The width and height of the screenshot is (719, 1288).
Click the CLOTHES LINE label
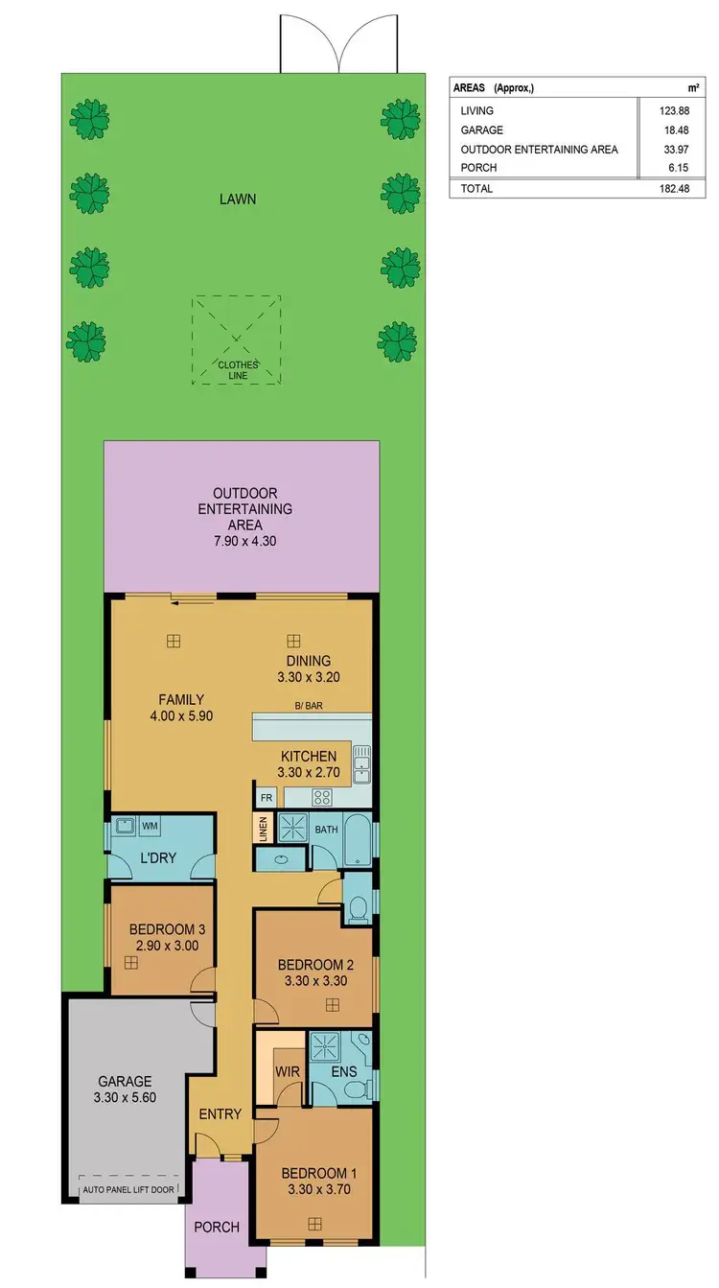(x=237, y=369)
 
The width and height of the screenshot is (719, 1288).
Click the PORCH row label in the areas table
(x=478, y=168)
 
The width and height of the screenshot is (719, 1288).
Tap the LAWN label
(x=237, y=199)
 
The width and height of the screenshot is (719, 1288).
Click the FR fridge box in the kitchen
(x=265, y=796)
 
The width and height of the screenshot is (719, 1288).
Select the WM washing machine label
(x=151, y=825)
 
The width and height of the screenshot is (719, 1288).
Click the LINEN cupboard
(x=264, y=829)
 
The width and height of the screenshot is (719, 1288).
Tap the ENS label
(x=343, y=1070)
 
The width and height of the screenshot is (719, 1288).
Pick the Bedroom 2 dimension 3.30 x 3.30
(x=315, y=981)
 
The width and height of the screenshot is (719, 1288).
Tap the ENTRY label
(x=220, y=1113)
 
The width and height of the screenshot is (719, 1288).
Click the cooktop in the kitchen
(x=320, y=796)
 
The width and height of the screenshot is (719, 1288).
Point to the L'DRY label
(x=157, y=857)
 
